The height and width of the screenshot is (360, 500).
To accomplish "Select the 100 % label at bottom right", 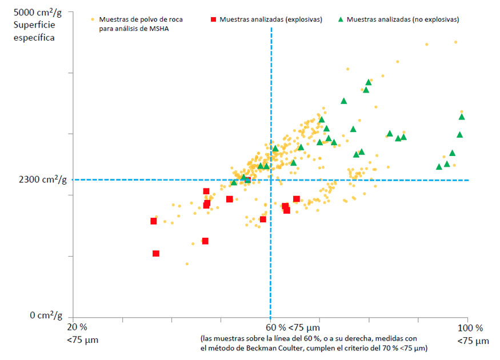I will [x=471, y=328].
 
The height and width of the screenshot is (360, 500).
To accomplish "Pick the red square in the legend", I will [x=213, y=19].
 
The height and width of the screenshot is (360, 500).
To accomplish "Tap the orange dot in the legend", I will [x=93, y=19].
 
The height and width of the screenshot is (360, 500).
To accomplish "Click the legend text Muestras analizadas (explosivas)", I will [x=270, y=19].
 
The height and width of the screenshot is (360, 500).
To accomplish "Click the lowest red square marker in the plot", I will [x=156, y=254].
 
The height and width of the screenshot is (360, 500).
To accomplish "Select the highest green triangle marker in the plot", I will [x=369, y=82].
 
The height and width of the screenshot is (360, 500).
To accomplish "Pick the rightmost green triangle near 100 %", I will [x=462, y=117].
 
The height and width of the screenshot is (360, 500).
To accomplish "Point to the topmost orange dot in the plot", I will [x=455, y=42].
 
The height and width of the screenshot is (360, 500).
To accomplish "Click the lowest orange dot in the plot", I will [x=186, y=264].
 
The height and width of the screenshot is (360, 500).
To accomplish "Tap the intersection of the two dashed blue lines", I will [x=271, y=180].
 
